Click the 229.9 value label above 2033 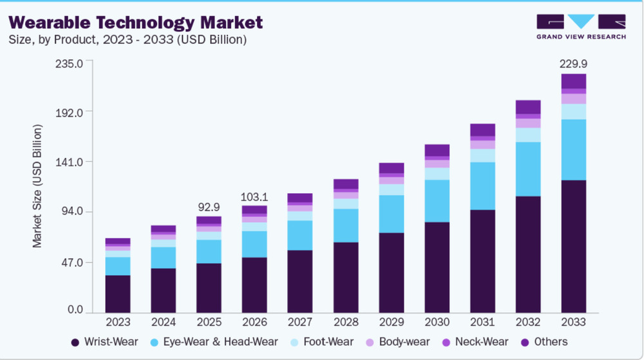pos(573,64)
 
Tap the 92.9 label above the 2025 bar pos(209,207)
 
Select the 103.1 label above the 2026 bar pos(254,197)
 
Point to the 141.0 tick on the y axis pos(70,162)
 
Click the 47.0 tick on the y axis pos(73,262)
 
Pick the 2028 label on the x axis pos(346,322)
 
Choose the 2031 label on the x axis pos(482,322)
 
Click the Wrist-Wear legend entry pos(105,342)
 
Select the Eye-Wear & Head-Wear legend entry pos(214,342)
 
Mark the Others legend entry pos(544,342)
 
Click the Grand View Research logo pos(581,26)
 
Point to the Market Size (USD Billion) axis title pos(37,186)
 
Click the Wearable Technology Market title pos(135,22)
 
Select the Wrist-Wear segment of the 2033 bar pos(573,246)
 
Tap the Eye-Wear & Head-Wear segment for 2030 pos(437,201)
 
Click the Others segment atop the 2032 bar pos(528,107)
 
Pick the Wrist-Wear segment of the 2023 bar pos(118,294)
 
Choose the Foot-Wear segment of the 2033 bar pos(573,111)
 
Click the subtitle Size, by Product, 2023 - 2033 pos(128,40)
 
